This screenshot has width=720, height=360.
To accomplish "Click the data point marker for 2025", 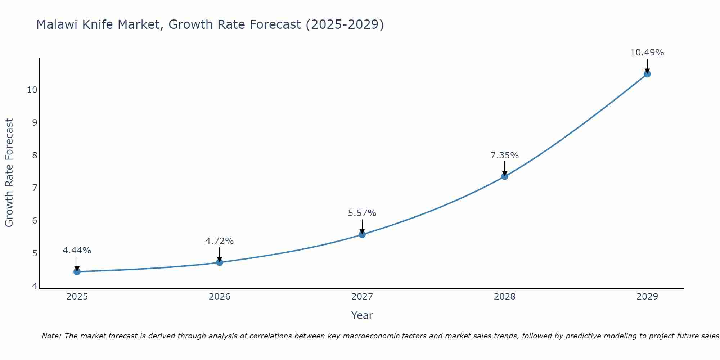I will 77,271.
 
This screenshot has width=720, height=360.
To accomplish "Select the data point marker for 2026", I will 220,262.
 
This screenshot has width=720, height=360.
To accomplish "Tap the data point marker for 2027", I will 362,234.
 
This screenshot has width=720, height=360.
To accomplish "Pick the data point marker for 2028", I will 505,176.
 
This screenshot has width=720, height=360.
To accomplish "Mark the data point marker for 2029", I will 647,74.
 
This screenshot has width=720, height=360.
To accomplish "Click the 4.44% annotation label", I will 77,251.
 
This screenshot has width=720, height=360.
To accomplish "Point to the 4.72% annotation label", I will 220,241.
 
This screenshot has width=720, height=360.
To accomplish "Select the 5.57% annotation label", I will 362,213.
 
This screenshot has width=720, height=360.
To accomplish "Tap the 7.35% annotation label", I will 505,156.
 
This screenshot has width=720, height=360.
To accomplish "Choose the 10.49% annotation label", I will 647,53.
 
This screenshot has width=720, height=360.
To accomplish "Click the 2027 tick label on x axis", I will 362,297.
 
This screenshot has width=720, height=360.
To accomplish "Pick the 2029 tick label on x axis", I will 647,297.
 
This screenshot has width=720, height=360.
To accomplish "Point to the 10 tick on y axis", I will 32,90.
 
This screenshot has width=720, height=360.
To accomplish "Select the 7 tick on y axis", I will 35,188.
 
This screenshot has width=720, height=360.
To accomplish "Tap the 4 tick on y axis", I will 35,286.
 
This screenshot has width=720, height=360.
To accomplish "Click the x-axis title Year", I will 362,315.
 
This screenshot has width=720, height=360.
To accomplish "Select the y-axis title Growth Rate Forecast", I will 9,173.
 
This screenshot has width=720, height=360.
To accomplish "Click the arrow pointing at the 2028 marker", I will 505,168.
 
